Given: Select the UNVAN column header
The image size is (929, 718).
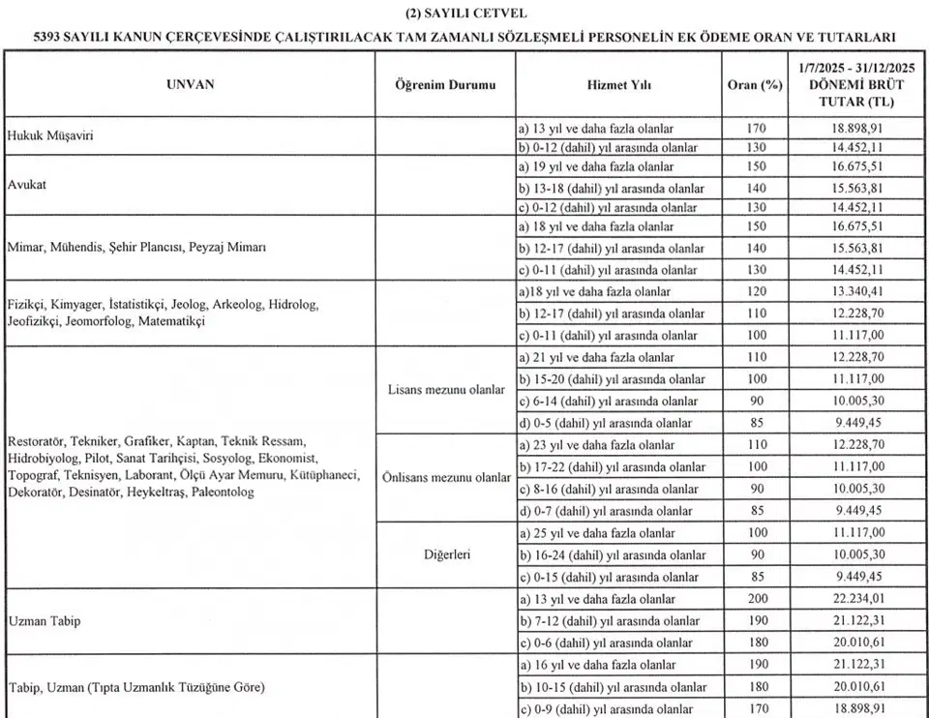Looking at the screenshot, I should pyautogui.click(x=190, y=85).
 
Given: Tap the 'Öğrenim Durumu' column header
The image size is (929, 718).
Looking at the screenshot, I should pyautogui.click(x=445, y=85).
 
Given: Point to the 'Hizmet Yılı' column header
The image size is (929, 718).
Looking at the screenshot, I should pyautogui.click(x=619, y=85).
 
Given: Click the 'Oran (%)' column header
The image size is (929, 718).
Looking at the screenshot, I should pyautogui.click(x=755, y=85).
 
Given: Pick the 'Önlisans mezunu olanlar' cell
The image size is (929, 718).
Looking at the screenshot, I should pyautogui.click(x=446, y=478).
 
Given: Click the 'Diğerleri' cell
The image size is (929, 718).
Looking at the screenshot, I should pyautogui.click(x=445, y=555).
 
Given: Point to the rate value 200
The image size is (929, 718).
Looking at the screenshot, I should pyautogui.click(x=757, y=600).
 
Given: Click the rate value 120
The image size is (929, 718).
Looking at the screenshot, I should pyautogui.click(x=757, y=291).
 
